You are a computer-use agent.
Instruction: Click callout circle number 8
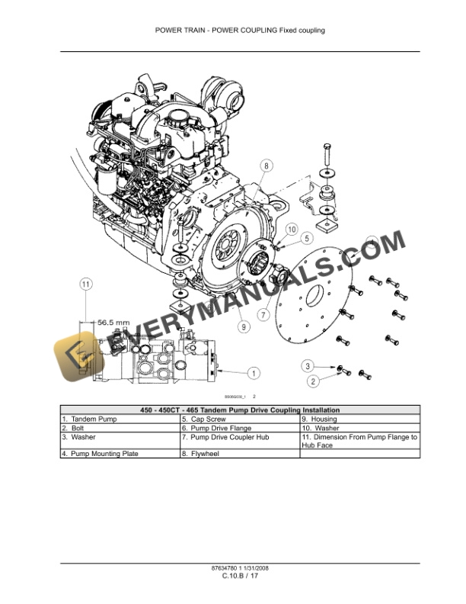point(266,165)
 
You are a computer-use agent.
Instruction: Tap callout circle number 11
point(86,284)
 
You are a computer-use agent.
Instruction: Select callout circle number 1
point(253,373)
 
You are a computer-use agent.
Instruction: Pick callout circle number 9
point(243,326)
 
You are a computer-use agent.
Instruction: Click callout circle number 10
point(291,229)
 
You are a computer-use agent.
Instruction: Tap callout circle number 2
point(312,381)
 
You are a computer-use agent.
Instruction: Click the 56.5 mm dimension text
point(112,322)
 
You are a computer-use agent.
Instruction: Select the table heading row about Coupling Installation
point(240,410)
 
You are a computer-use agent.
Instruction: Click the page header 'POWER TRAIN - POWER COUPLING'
point(240,31)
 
